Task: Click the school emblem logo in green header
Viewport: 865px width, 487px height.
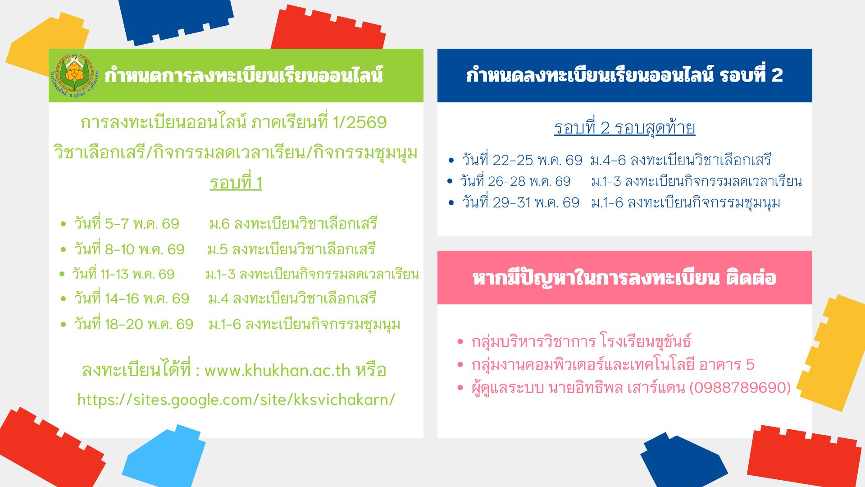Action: (x=74, y=76)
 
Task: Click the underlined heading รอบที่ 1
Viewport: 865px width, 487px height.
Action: (x=236, y=183)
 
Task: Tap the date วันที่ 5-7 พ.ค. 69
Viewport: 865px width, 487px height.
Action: (x=127, y=223)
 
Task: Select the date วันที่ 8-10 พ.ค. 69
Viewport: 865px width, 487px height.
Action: (x=129, y=249)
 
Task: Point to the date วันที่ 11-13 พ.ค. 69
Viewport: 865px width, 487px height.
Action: (x=123, y=274)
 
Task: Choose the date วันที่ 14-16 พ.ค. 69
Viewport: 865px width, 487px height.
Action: (x=132, y=298)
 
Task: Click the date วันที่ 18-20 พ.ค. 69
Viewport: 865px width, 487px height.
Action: (x=133, y=324)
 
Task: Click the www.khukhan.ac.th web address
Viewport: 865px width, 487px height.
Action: (x=277, y=370)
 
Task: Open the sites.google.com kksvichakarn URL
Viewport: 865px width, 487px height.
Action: (x=236, y=400)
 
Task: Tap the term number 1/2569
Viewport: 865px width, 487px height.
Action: (x=360, y=122)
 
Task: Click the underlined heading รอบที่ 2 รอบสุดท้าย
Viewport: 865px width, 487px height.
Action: (x=624, y=128)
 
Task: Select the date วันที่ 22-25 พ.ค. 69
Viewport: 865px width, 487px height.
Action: (x=522, y=160)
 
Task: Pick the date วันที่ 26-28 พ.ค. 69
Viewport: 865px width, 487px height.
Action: (x=515, y=181)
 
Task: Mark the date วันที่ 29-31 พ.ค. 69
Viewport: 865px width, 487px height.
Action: (x=520, y=202)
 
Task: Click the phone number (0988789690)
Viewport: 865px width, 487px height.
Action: (x=740, y=387)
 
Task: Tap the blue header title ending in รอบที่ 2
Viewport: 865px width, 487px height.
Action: (x=624, y=75)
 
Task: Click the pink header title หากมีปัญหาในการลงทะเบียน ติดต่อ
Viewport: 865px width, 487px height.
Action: (x=624, y=278)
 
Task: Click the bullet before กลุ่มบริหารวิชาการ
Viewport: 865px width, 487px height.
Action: (x=460, y=341)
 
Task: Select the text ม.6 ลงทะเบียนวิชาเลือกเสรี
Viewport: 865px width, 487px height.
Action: (x=293, y=223)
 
